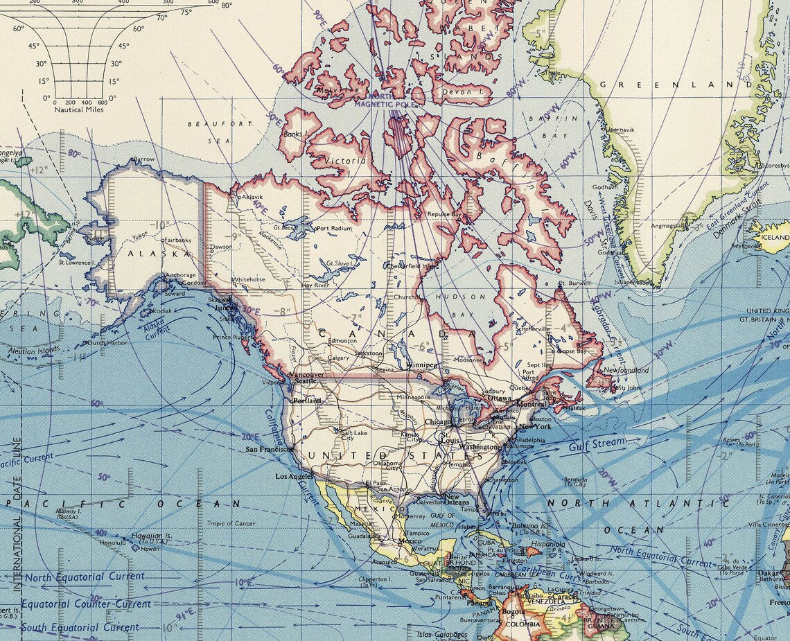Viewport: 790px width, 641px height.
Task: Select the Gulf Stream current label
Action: click(x=597, y=444)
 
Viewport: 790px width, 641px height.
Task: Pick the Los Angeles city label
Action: click(x=295, y=477)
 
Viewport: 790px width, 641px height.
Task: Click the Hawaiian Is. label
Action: click(x=153, y=536)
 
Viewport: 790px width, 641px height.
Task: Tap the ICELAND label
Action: click(x=775, y=238)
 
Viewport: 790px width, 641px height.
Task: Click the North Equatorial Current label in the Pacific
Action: click(x=85, y=577)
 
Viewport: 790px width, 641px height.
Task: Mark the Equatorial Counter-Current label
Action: click(x=85, y=604)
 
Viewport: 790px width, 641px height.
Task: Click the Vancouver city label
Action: click(x=306, y=374)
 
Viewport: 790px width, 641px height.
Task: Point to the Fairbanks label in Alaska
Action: click(x=178, y=240)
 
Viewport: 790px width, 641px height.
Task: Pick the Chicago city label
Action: click(x=437, y=421)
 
